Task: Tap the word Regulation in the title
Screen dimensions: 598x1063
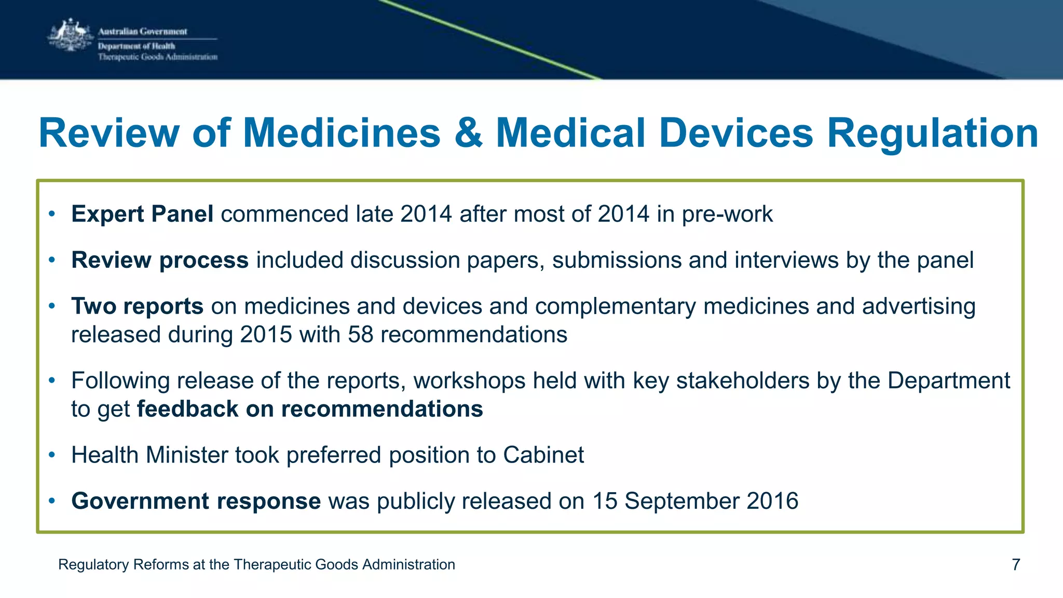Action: point(932,133)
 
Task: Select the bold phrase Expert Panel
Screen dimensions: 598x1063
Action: point(142,214)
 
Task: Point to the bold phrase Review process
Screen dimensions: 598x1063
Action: point(160,260)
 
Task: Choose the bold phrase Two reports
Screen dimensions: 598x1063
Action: point(137,306)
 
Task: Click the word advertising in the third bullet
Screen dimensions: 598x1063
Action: point(919,306)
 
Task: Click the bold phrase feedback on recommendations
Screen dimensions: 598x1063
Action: point(310,409)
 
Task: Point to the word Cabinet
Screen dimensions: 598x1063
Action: point(543,455)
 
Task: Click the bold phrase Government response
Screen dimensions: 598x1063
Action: point(196,501)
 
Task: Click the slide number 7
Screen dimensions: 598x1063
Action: point(1016,564)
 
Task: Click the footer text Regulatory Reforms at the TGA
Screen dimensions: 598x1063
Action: point(256,564)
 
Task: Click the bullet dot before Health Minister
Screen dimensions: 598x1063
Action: point(51,455)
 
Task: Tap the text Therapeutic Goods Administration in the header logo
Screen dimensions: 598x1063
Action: point(158,57)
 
